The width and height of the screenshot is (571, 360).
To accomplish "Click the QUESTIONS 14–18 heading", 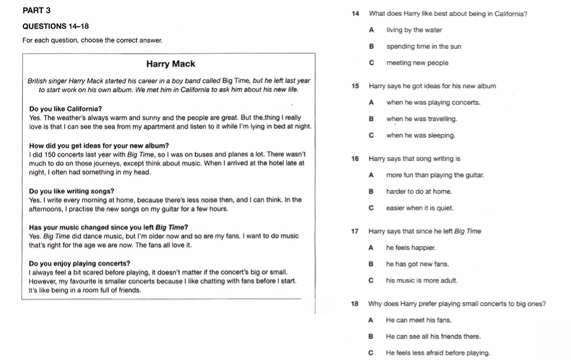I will pyautogui.click(x=52, y=27).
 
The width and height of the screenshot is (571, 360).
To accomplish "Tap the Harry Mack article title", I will pyautogui.click(x=170, y=64).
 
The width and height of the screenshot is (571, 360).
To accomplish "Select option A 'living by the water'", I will pyautogui.click(x=414, y=30).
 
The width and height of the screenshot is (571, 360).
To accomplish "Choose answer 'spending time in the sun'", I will pyautogui.click(x=423, y=46).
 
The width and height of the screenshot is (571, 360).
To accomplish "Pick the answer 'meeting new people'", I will pyautogui.click(x=417, y=62).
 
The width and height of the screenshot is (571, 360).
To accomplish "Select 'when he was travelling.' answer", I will pyautogui.click(x=422, y=118).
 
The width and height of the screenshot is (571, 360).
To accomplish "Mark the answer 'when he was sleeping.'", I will pyautogui.click(x=421, y=135).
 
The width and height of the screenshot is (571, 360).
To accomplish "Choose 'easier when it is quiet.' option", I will pyautogui.click(x=419, y=207).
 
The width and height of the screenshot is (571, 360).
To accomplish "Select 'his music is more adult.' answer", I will pyautogui.click(x=422, y=280).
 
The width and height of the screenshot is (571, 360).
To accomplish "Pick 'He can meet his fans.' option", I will pyautogui.click(x=419, y=320).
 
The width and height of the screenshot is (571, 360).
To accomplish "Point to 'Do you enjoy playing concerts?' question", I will pyautogui.click(x=79, y=263).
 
